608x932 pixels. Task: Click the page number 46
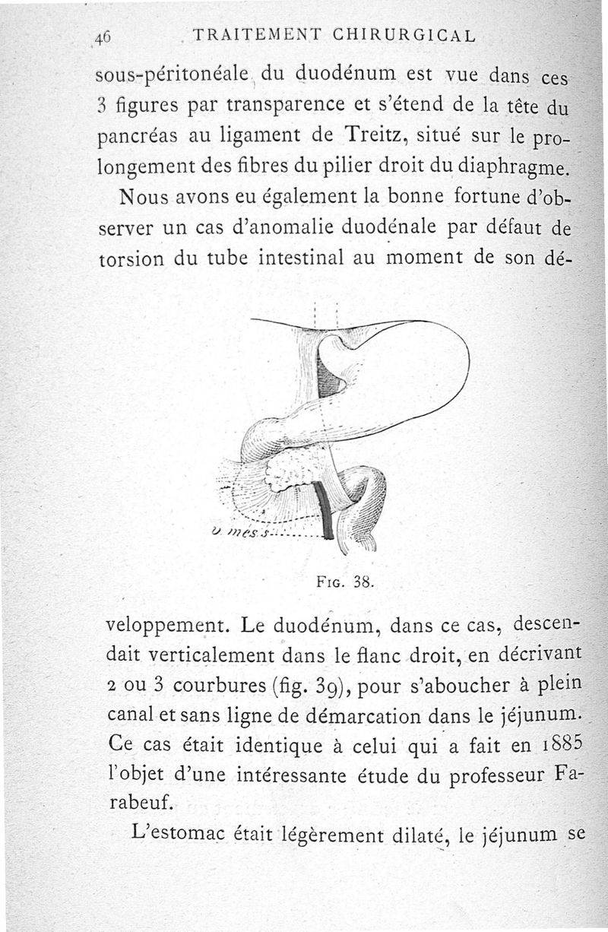click(x=103, y=36)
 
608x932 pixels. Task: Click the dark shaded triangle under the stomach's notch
click(x=328, y=376)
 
